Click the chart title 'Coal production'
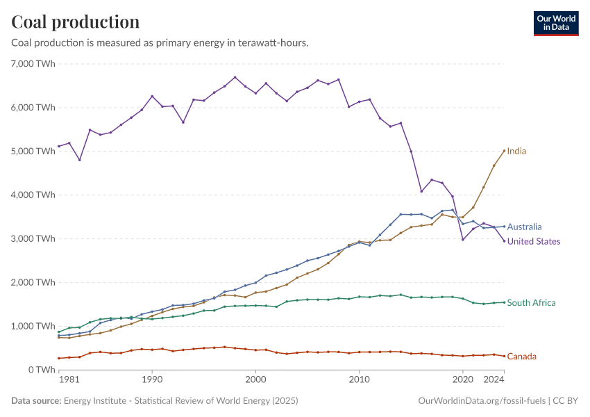tap(75, 22)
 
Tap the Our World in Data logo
tap(555, 23)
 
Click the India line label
tap(516, 151)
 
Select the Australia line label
tap(524, 227)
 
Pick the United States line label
tap(534, 241)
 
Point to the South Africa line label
tap(531, 302)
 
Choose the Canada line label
tap(521, 357)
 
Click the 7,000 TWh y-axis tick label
tap(33, 63)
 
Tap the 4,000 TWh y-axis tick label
tap(33, 195)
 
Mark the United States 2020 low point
tap(463, 239)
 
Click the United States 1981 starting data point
tap(59, 146)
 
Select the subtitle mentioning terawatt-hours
tap(160, 43)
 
